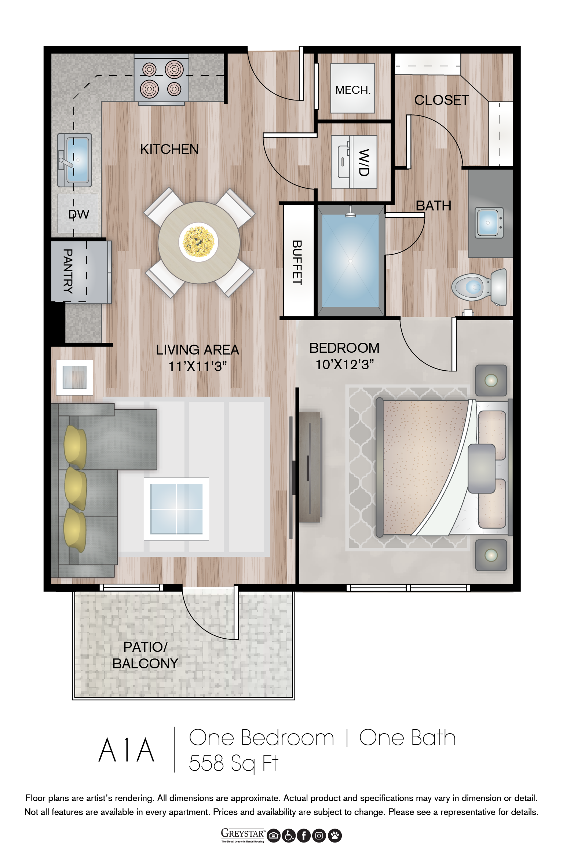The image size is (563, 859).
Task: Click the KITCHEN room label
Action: pos(169,149)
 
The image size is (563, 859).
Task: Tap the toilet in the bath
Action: pos(479,287)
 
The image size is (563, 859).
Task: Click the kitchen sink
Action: pos(74,160)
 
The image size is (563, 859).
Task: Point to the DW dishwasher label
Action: pos(79,214)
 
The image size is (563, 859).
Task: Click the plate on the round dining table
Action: pos(198,242)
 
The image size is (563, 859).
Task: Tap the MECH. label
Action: pos(353,90)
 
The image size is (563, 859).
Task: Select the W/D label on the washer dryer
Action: pos(363,162)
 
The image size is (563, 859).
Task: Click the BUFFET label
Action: pos(297,263)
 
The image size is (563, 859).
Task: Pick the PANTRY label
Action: pos(68,271)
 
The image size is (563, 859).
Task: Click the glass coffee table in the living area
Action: pos(176,509)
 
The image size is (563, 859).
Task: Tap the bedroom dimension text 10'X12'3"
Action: pos(345,364)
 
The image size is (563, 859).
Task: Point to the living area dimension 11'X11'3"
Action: pos(198,366)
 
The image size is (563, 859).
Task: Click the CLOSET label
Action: pos(442,100)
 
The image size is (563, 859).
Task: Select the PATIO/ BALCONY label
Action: pos(145,655)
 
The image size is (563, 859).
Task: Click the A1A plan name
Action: pos(127,750)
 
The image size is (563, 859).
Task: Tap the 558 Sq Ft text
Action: pos(234,763)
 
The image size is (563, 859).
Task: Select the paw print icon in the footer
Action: pos(335,836)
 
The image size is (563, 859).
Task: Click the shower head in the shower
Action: pos(351,213)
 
